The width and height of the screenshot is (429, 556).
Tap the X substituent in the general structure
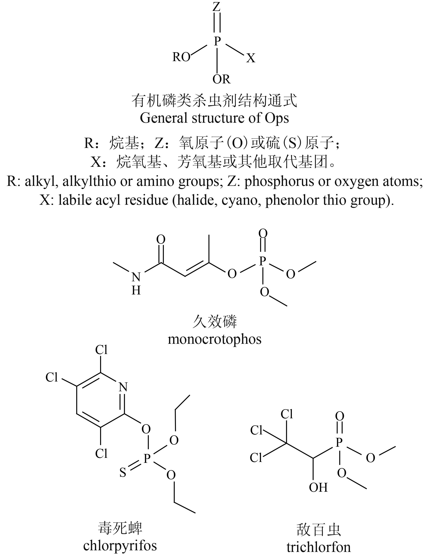pos(251,59)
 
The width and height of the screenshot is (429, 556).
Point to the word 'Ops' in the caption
pos(277,118)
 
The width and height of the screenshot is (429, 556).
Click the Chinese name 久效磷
pos(214,322)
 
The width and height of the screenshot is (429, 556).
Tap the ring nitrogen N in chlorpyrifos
pos(123,387)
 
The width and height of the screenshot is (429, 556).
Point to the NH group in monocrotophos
pos(136,283)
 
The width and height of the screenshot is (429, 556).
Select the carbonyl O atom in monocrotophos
pos(161,239)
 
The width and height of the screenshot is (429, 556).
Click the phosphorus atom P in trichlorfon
pos(339,443)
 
